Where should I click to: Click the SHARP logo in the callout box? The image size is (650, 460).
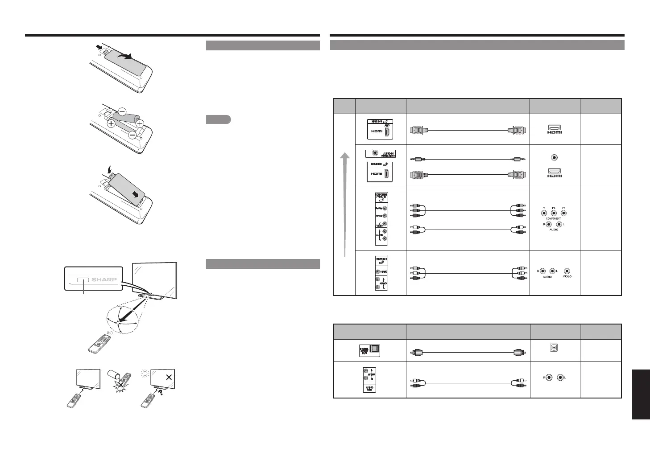pyautogui.click(x=104, y=280)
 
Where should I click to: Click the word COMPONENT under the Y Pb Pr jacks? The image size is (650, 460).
pyautogui.click(x=553, y=219)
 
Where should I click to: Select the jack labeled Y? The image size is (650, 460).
pyautogui.click(x=544, y=213)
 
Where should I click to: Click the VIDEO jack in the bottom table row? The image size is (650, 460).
pyautogui.click(x=567, y=271)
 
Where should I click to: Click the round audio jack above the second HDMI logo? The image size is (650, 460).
pyautogui.click(x=554, y=157)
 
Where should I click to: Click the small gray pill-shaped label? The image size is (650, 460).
pyautogui.click(x=218, y=119)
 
